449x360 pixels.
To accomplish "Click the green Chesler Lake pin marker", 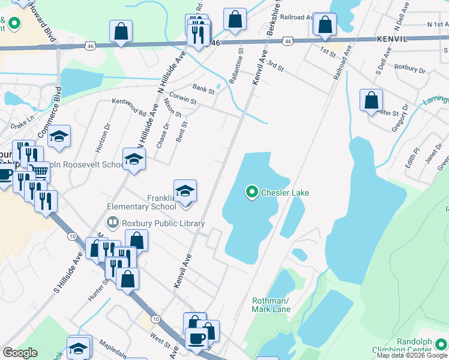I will pyautogui.click(x=252, y=193).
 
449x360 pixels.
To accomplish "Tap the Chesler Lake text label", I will pyautogui.click(x=285, y=193).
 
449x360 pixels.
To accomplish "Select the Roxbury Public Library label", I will pyautogui.click(x=163, y=223).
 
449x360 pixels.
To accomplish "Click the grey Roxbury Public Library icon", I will pyautogui.click(x=112, y=223).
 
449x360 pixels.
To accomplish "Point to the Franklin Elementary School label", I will pyautogui.click(x=142, y=202).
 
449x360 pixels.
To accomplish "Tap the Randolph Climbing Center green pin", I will pyautogui.click(x=441, y=344).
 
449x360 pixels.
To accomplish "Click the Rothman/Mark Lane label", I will pyautogui.click(x=271, y=305).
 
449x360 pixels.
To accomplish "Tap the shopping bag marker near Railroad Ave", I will pyautogui.click(x=325, y=25).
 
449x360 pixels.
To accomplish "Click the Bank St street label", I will pyautogui.click(x=203, y=89).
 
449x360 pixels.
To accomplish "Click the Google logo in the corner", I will pyautogui.click(x=20, y=353).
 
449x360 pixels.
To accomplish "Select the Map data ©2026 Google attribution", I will pyautogui.click(x=412, y=355).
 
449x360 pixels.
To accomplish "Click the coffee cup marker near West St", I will pyautogui.click(x=196, y=338).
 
